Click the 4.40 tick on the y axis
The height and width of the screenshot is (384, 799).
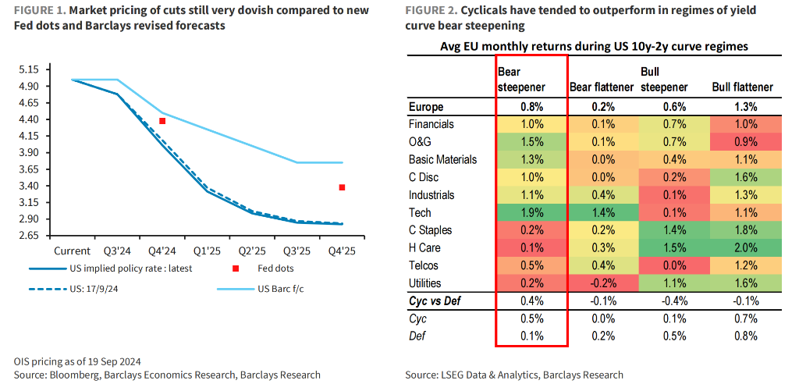29,119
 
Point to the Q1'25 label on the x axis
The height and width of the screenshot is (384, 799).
204,251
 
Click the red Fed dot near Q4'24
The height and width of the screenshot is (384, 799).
162,121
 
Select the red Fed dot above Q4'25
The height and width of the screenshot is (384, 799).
342,187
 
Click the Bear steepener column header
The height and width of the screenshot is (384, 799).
521,80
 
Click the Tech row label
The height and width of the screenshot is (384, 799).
420,212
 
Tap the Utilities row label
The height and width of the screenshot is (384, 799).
426,283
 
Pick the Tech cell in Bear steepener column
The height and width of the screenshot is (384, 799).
532,212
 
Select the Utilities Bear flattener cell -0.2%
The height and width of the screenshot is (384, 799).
602,283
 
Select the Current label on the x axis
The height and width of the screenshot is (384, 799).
72,251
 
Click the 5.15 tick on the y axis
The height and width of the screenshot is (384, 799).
29,69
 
